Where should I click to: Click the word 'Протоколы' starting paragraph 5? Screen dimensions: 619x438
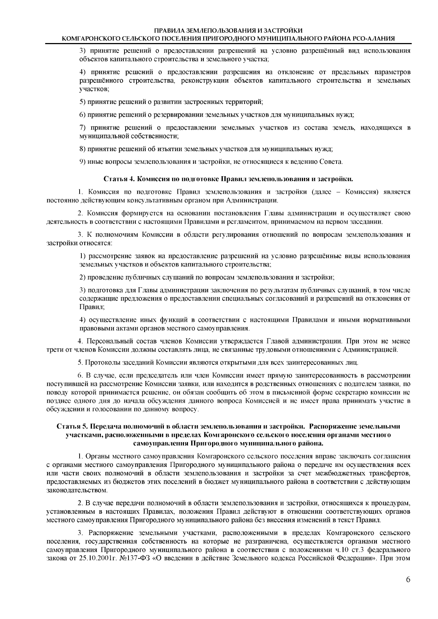(x=99, y=363)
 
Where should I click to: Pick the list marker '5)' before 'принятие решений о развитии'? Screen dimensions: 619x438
(x=83, y=102)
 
